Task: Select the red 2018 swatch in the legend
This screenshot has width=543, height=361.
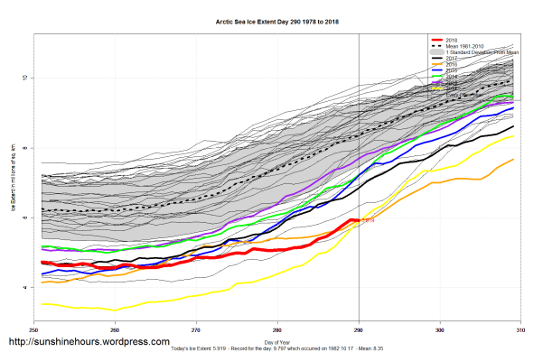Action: [x=437, y=41]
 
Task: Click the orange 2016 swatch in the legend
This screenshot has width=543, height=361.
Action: [x=437, y=64]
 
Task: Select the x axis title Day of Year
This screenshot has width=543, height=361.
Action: [x=277, y=341]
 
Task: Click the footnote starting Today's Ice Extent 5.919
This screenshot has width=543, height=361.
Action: [x=276, y=348]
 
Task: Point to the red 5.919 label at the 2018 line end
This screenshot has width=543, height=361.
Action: [x=367, y=219]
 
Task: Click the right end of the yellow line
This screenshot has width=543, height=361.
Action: [x=514, y=134]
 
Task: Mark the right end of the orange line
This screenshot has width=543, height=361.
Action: [x=514, y=160]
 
